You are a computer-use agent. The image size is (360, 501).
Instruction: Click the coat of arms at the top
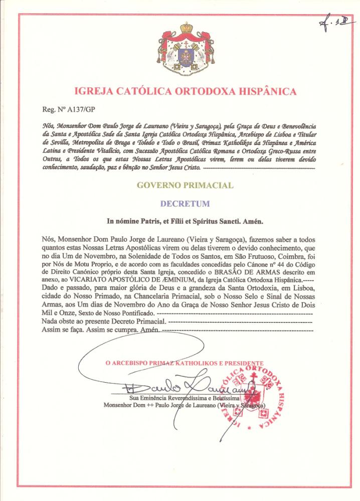click(x=187, y=51)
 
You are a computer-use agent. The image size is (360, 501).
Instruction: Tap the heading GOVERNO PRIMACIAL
click(x=185, y=186)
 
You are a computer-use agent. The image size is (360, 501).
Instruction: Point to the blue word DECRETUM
click(x=185, y=204)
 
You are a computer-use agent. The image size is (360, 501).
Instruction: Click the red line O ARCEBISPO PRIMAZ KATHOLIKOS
click(x=184, y=363)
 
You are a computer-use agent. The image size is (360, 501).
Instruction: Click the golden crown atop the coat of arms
click(x=187, y=27)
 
